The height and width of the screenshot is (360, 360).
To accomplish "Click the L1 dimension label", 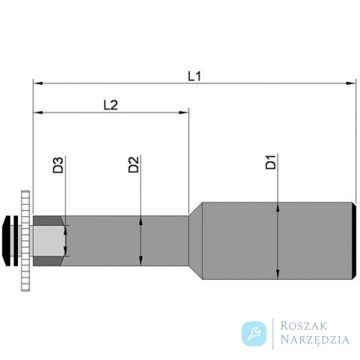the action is [194, 76].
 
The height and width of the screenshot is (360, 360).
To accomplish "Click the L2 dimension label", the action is [111, 105].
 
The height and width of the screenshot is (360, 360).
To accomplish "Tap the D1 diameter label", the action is [271, 162].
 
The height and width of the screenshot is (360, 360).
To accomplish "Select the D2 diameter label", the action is [133, 164].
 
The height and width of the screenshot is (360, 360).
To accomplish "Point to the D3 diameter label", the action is [58, 165].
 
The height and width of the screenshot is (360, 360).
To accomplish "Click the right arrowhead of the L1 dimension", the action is [350, 83].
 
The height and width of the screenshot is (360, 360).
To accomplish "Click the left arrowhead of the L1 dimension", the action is [38, 83].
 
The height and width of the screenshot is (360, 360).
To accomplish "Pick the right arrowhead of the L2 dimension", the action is [184, 112].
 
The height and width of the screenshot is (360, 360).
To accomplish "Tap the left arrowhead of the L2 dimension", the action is [38, 112].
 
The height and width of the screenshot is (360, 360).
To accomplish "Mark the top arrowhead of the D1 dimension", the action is [277, 208].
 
